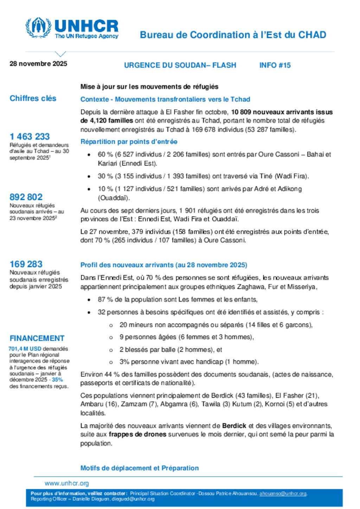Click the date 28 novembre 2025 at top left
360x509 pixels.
pyautogui.click(x=38, y=64)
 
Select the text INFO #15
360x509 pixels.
pyautogui.click(x=275, y=65)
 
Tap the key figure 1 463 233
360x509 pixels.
pyautogui.click(x=30, y=136)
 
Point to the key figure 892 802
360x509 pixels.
pyautogui.click(x=26, y=197)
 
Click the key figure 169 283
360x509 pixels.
pyautogui.click(x=26, y=264)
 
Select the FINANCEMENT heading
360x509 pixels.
pyautogui.click(x=37, y=338)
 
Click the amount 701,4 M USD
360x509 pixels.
pyautogui.click(x=25, y=349)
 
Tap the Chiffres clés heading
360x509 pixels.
pyautogui.click(x=33, y=98)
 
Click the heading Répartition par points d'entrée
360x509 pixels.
pyautogui.click(x=129, y=142)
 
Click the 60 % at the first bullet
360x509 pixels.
pyautogui.click(x=104, y=154)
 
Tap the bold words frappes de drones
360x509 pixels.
pyautogui.click(x=137, y=434)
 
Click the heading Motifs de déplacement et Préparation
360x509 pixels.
pyautogui.click(x=139, y=468)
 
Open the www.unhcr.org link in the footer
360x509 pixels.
pyautogui.click(x=66, y=483)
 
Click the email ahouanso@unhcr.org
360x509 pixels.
pyautogui.click(x=283, y=494)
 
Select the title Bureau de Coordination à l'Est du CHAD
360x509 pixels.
pyautogui.click(x=233, y=35)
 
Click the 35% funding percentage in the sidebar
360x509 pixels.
pyautogui.click(x=57, y=380)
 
